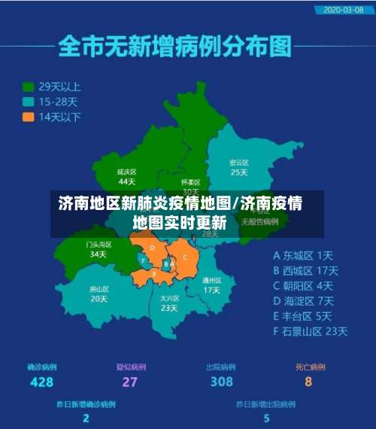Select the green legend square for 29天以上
pyautogui.click(x=29, y=87)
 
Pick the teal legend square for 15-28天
pyautogui.click(x=29, y=102)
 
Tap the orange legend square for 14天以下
pyautogui.click(x=29, y=117)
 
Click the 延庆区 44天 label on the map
pyautogui.click(x=126, y=176)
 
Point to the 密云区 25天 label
pyautogui.click(x=238, y=167)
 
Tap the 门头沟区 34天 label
pyautogui.click(x=98, y=249)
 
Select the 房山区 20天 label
pyautogui.click(x=99, y=293)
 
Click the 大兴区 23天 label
pyautogui.click(x=169, y=303)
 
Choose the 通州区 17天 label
pyautogui.click(x=211, y=284)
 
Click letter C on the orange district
pyautogui.click(x=185, y=257)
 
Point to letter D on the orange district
pyautogui.click(x=153, y=247)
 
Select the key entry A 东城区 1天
pyautogui.click(x=303, y=255)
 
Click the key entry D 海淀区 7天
pyautogui.click(x=303, y=300)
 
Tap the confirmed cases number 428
pyautogui.click(x=41, y=382)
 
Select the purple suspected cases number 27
pyautogui.click(x=130, y=382)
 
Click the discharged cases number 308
pyautogui.click(x=221, y=382)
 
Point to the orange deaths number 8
pyautogui.click(x=308, y=382)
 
